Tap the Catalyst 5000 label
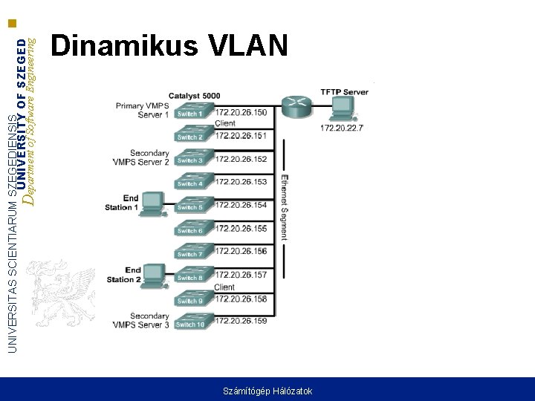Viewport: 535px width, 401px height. click(194, 96)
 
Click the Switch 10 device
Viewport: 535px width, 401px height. click(192, 323)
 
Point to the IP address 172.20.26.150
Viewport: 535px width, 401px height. click(241, 112)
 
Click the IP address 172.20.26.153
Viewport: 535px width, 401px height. click(241, 182)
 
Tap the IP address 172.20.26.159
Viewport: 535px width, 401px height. click(241, 322)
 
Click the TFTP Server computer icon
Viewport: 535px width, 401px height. click(342, 111)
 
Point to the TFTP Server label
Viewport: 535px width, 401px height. click(344, 92)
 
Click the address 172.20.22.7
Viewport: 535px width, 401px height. click(342, 128)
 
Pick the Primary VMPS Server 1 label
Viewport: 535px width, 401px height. click(143, 110)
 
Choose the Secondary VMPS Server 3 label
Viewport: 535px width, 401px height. click(141, 320)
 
